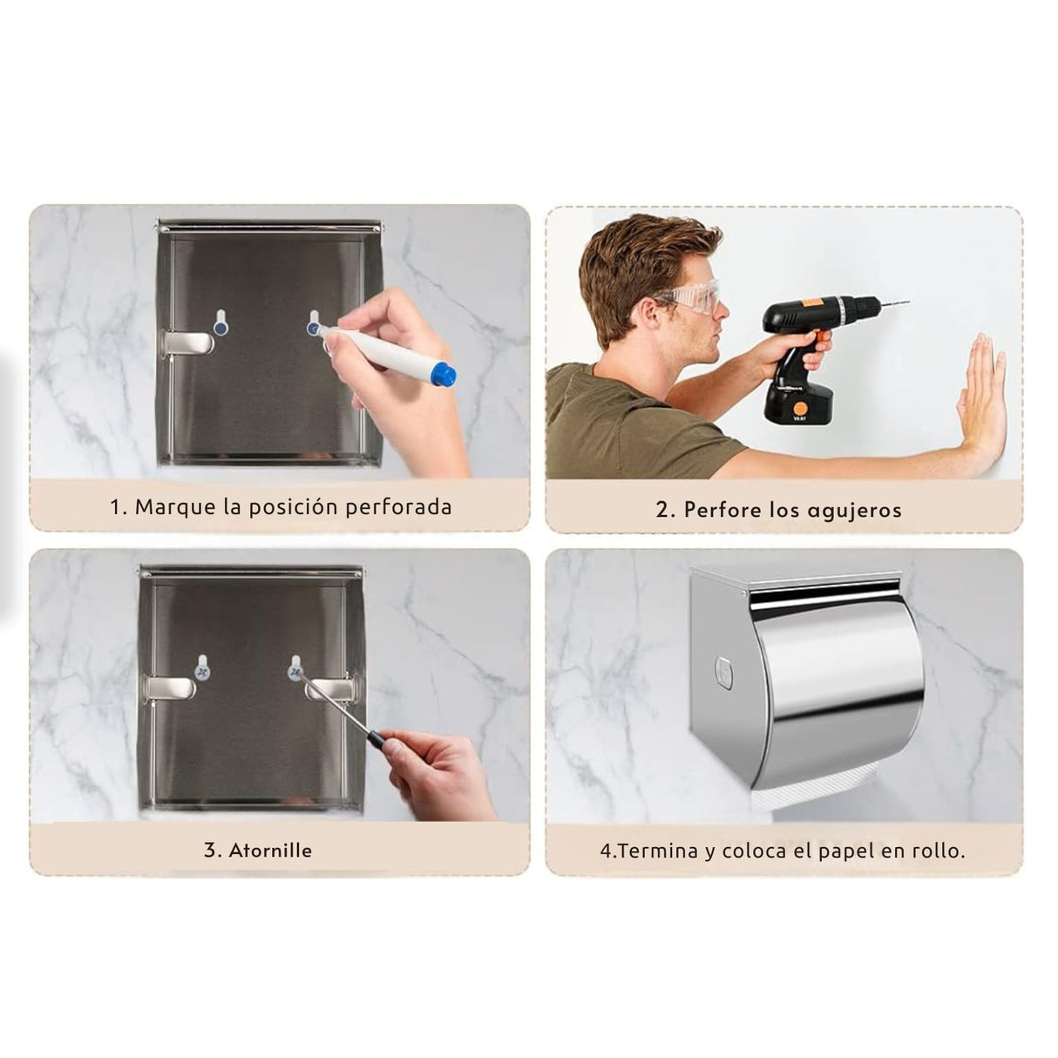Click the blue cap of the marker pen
click(444, 375)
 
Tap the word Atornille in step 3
click(270, 851)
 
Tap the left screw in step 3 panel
click(203, 671)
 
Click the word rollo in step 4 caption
click(939, 851)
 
